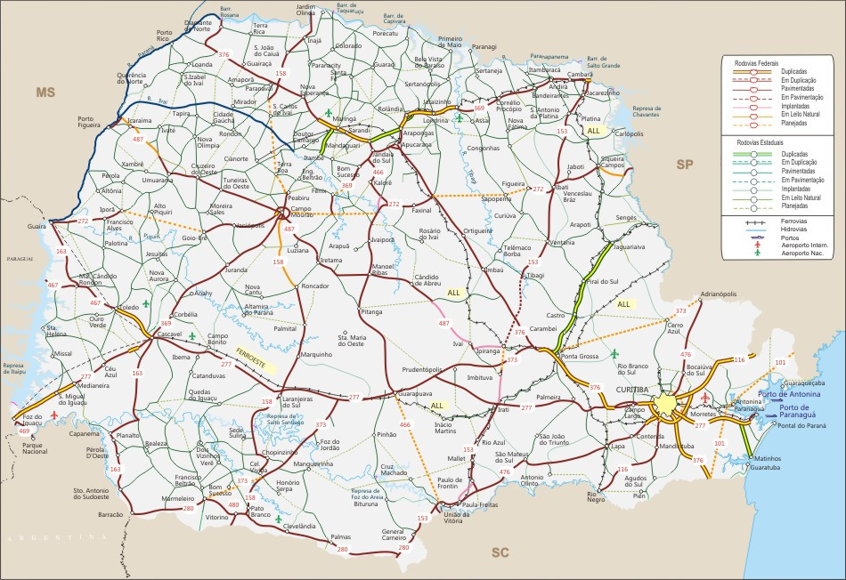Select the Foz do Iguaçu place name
coord(33,419)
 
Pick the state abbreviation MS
coord(45,92)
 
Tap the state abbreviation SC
coord(500,552)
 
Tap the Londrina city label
coord(435,120)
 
